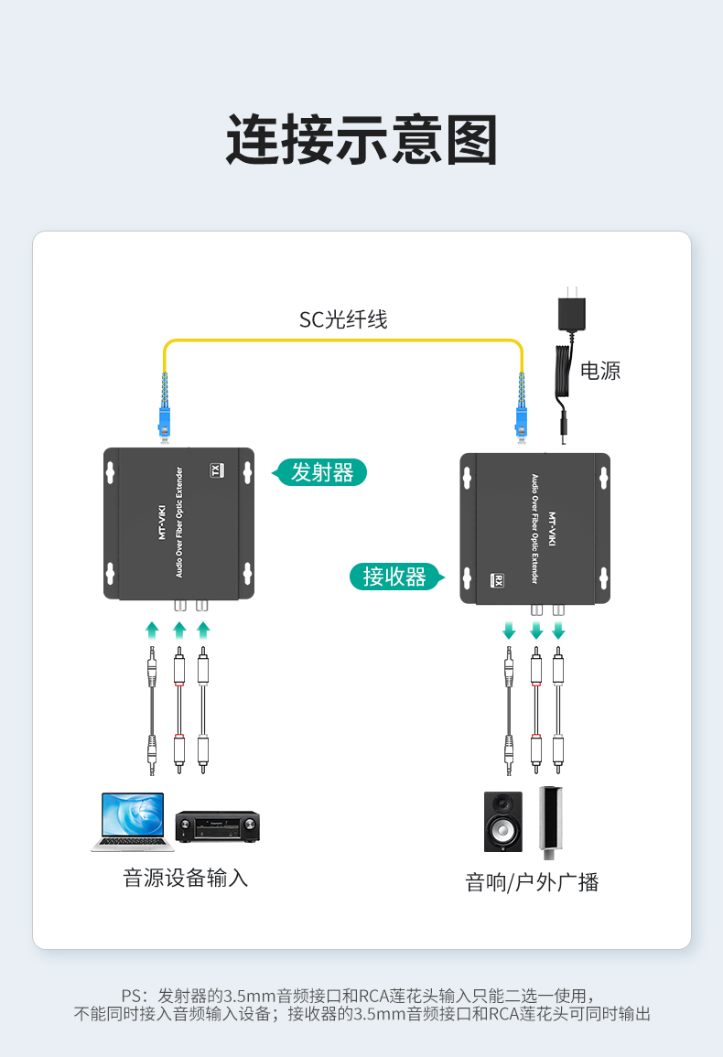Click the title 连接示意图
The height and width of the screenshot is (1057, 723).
coord(361,139)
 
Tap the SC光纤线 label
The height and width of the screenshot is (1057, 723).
coord(343,319)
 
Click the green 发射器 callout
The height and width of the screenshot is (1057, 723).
coord(319,472)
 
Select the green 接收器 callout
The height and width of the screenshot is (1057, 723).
coord(396,577)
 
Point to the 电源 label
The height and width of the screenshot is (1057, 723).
coord(600,371)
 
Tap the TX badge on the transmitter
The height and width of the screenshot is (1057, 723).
coord(217,469)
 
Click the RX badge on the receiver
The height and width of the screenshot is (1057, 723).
coord(498,580)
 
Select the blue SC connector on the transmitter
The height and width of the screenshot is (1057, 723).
coord(164,423)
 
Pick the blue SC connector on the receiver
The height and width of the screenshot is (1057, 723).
coord(521,423)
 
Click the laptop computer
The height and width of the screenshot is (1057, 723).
coord(133,821)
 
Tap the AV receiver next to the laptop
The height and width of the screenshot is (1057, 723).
coord(217,826)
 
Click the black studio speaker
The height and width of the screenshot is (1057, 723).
coord(503,821)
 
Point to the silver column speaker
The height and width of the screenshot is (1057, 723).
coord(550,823)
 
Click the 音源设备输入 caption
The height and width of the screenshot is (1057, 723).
coord(186,878)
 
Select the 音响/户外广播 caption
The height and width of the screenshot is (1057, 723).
coord(532,881)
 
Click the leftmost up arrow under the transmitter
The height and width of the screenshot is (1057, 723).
coord(153,631)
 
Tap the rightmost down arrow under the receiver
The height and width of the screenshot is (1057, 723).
coord(558,631)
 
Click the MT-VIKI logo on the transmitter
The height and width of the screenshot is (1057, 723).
coord(162,523)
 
